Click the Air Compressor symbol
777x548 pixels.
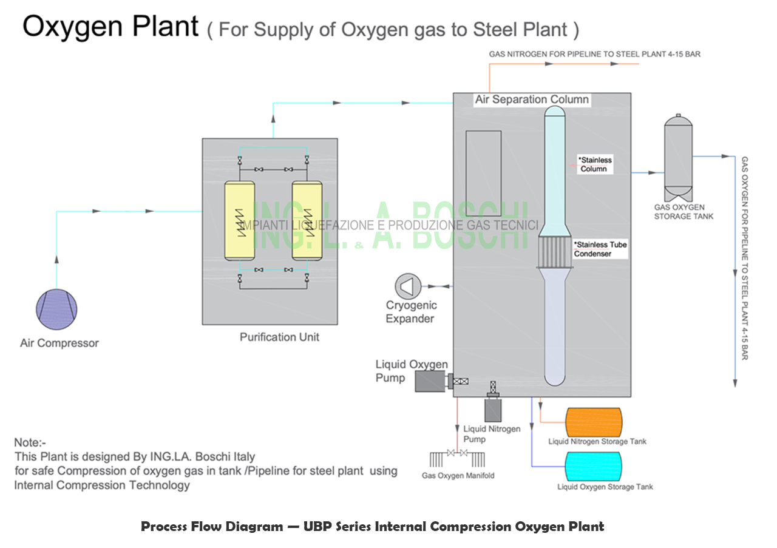57,311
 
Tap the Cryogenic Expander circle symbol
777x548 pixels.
407,285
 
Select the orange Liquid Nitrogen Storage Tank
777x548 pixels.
593,422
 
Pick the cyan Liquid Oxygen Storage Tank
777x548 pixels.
593,467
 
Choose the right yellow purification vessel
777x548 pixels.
307,221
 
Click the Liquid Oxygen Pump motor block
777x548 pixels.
430,381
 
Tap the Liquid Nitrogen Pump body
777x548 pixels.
493,409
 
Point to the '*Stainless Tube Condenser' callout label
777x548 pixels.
600,249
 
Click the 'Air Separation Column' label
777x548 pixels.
532,100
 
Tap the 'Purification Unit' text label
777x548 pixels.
279,337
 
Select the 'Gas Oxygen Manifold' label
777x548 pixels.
458,475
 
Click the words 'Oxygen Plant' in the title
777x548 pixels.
110,26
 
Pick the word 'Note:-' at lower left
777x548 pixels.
30,443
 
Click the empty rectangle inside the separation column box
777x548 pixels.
483,173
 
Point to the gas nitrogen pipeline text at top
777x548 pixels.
595,55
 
